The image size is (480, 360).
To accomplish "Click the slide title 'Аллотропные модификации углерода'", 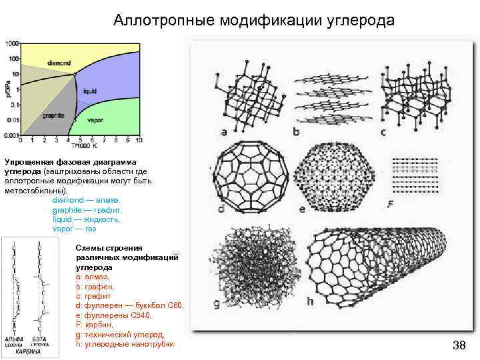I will (254, 21).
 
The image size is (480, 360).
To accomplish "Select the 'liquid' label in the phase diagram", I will (91, 91).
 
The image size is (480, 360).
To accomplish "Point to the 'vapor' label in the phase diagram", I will (95, 121).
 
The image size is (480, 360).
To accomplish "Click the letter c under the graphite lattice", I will (383, 132).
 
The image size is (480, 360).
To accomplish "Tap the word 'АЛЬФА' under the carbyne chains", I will (15, 339).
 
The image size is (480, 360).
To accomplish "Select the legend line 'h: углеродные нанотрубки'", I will (125, 344).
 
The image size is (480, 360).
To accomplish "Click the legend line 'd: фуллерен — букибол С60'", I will (129, 305).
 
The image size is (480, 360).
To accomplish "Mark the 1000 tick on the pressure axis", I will (11, 43).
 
